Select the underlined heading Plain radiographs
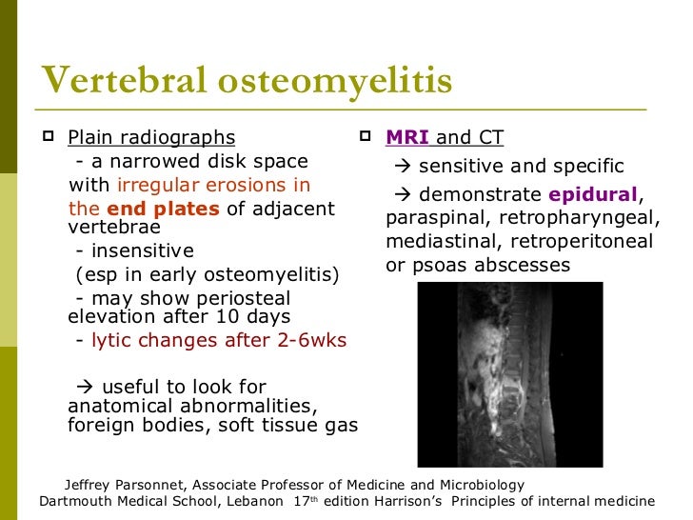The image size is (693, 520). (151, 138)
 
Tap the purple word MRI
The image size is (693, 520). (406, 138)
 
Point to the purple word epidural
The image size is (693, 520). (592, 195)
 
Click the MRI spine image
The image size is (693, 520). (510, 373)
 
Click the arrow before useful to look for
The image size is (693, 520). (83, 387)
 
